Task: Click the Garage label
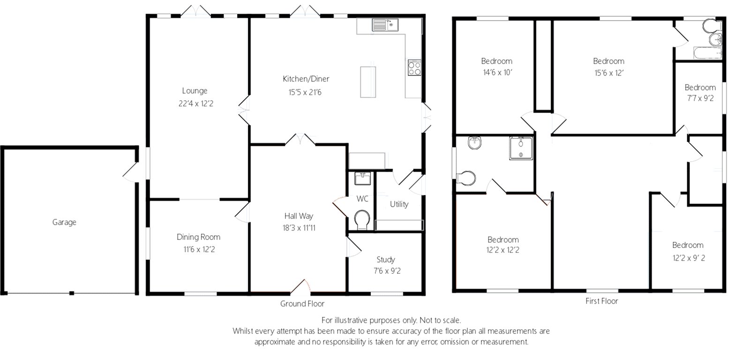click(x=64, y=222)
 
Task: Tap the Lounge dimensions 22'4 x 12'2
click(x=196, y=104)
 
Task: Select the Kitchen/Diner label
click(x=306, y=79)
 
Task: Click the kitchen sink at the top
click(x=385, y=25)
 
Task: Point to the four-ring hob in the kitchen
click(x=414, y=67)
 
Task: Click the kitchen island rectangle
click(x=368, y=82)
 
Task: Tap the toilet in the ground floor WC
click(x=362, y=219)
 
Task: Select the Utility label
click(x=399, y=204)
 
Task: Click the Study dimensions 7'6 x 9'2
click(x=387, y=270)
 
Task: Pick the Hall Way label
click(x=299, y=216)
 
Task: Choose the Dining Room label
click(x=199, y=237)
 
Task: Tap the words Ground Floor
click(x=302, y=304)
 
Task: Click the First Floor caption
click(x=602, y=301)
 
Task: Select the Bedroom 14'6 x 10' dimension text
click(x=497, y=72)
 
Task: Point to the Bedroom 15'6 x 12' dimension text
click(x=609, y=73)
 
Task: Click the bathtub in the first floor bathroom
click(x=708, y=53)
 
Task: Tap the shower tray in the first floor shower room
click(x=521, y=148)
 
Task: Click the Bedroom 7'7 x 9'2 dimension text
click(x=700, y=98)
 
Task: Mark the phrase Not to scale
click(x=440, y=320)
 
